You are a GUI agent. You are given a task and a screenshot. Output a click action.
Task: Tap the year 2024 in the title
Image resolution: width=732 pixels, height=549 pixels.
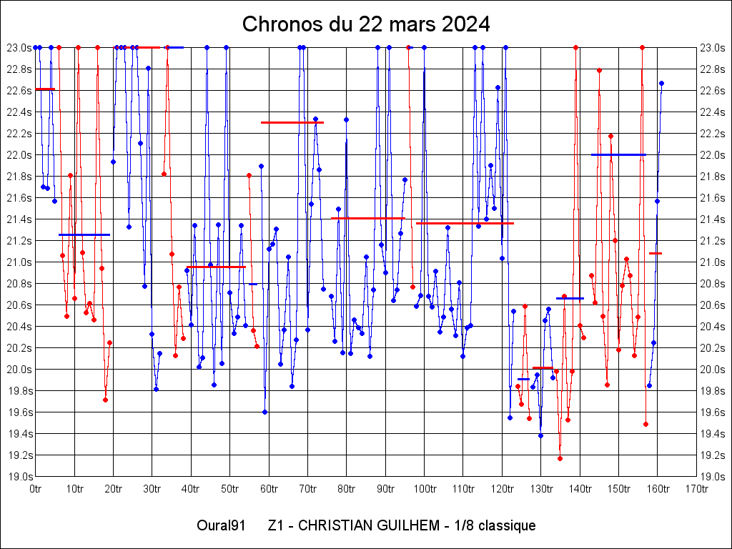[x=464, y=24]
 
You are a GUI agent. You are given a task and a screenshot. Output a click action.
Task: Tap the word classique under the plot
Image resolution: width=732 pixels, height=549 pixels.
[x=507, y=526]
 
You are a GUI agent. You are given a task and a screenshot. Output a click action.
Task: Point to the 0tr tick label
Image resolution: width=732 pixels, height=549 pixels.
[x=36, y=489]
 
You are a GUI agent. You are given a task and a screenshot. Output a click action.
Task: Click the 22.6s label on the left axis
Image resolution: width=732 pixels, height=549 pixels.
[x=19, y=90]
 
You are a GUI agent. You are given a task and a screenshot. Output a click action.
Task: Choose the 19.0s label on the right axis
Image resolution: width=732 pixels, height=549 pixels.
[x=713, y=476]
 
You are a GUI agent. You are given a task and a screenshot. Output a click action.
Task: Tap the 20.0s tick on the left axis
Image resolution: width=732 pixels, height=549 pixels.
[x=19, y=369]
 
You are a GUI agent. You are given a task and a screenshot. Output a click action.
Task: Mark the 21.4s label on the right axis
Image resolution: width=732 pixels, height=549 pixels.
[x=713, y=219]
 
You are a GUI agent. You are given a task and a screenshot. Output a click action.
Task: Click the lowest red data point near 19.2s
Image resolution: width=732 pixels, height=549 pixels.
[x=560, y=458]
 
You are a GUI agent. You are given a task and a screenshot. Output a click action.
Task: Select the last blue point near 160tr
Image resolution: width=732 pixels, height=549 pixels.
[x=661, y=83]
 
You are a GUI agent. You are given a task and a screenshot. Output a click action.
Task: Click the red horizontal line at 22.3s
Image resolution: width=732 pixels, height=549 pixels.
[x=292, y=122]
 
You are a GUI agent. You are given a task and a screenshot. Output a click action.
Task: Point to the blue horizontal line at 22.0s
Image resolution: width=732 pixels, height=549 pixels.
[x=618, y=154]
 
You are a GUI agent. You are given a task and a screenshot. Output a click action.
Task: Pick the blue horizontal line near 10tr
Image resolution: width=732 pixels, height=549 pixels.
[x=84, y=234]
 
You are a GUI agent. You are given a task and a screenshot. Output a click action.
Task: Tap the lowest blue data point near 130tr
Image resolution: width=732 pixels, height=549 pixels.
[x=540, y=435]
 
